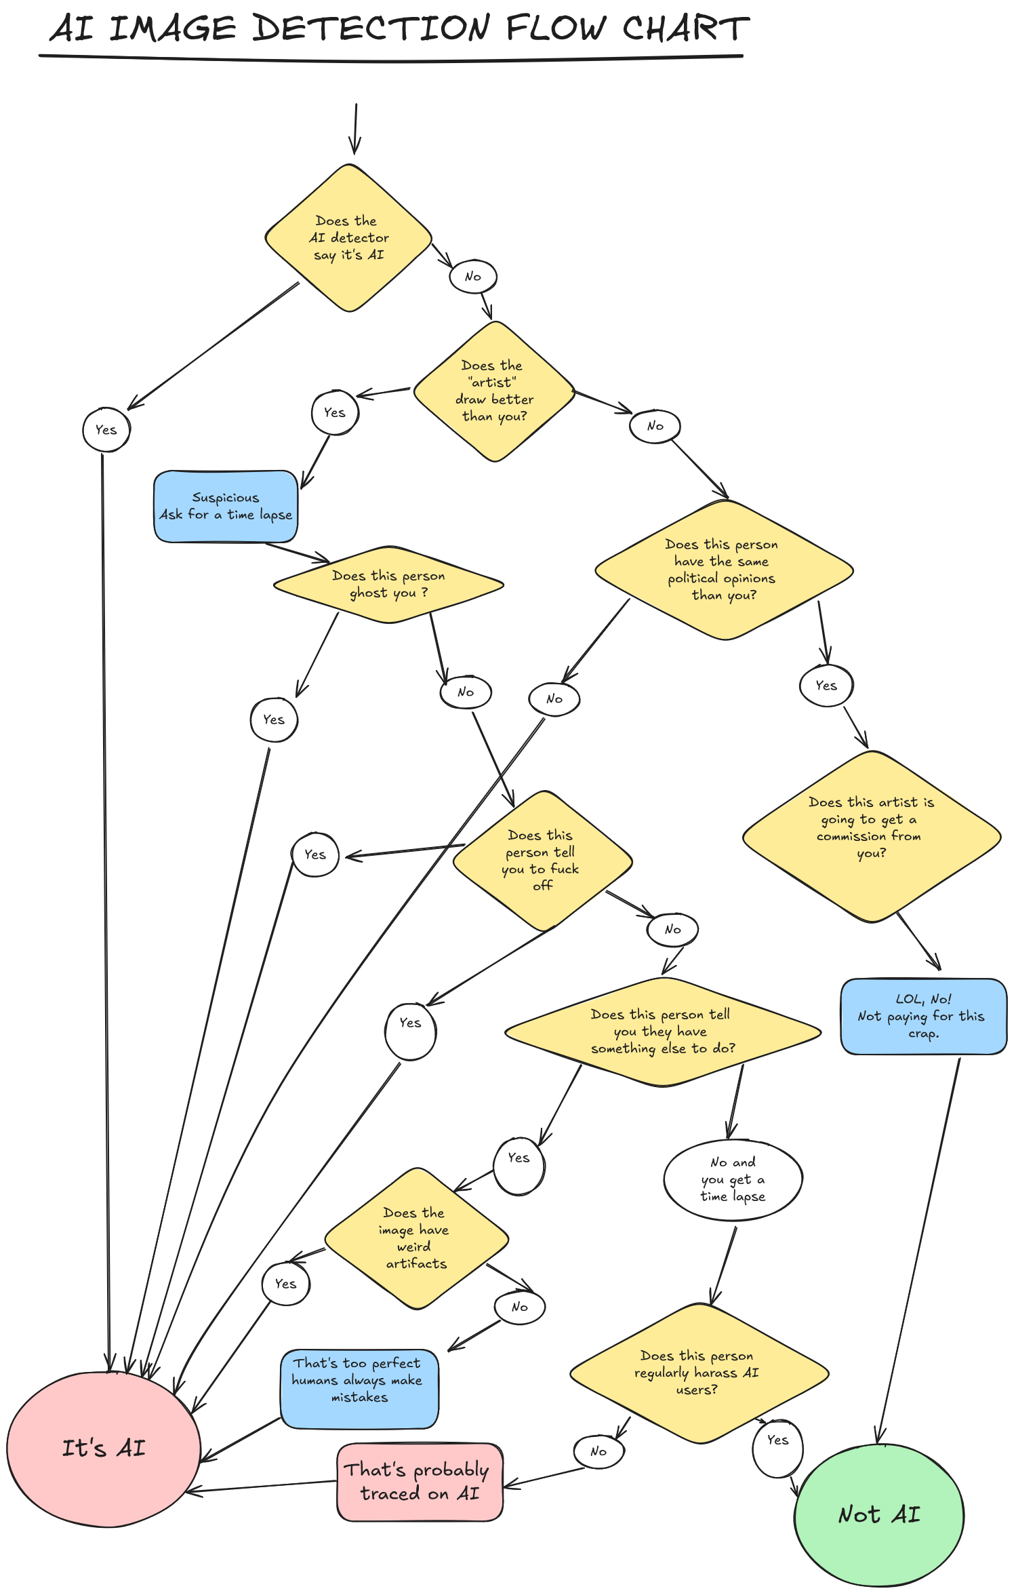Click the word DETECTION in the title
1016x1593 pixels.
[371, 28]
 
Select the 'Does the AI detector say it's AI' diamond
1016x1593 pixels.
[348, 238]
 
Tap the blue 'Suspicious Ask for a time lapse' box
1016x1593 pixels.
[226, 507]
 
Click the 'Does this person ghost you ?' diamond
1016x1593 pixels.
[388, 585]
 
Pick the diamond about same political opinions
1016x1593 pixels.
[723, 570]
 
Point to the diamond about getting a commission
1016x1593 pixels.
[871, 835]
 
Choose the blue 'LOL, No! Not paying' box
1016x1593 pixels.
[922, 1016]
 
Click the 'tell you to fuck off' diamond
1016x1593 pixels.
[542, 861]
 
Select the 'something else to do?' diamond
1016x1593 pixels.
[662, 1031]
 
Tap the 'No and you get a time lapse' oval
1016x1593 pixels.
[733, 1180]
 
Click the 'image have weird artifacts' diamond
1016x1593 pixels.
[415, 1238]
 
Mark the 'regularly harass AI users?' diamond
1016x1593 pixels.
[697, 1373]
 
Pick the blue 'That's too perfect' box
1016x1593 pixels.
[359, 1388]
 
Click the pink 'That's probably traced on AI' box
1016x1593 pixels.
[420, 1482]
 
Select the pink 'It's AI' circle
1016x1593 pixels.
[104, 1449]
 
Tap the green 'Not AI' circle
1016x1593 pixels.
[878, 1514]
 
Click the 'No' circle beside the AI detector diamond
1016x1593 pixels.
[473, 277]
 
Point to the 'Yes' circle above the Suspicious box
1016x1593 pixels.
[335, 412]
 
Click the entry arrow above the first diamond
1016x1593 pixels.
[354, 129]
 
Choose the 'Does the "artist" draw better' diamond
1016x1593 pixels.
[494, 391]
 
